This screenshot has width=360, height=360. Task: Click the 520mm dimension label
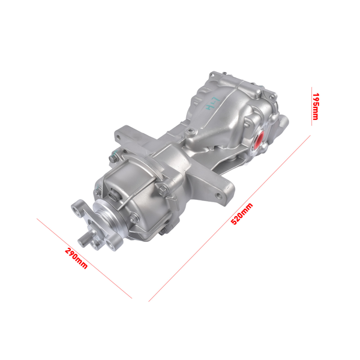[x=242, y=214]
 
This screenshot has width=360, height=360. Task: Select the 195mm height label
[x=316, y=106]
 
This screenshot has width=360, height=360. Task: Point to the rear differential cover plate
[x=273, y=126]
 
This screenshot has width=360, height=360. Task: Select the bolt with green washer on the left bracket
[x=112, y=158]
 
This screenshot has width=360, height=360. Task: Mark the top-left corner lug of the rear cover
[x=211, y=76]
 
